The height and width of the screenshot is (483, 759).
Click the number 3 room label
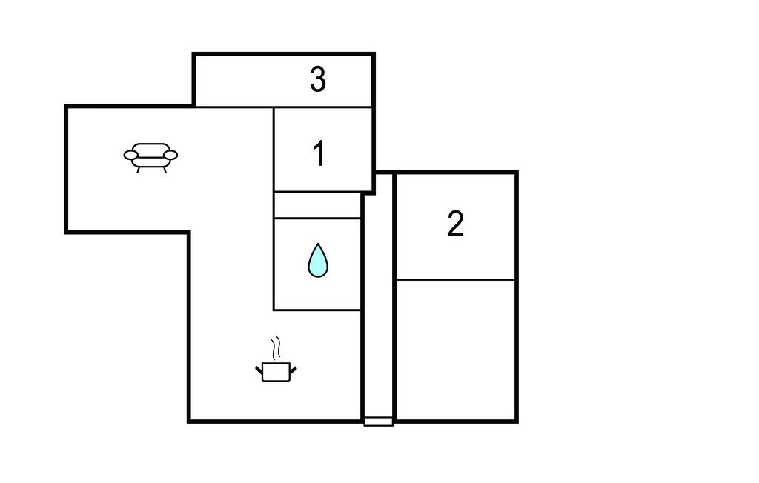click(x=318, y=79)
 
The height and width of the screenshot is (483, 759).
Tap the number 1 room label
click(x=319, y=153)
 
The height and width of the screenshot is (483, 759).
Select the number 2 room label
click(x=455, y=223)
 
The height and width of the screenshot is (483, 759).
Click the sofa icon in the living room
click(x=150, y=157)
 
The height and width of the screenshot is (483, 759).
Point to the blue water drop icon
click(x=318, y=260)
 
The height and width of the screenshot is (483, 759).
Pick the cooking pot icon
click(x=276, y=371)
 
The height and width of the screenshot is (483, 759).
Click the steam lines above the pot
click(x=276, y=348)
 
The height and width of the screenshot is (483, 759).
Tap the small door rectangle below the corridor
click(x=379, y=422)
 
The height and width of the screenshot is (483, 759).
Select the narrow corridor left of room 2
click(x=379, y=296)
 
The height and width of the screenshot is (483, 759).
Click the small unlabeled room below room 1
click(x=317, y=205)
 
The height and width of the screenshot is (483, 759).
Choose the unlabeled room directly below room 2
click(x=456, y=350)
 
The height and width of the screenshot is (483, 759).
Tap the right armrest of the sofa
click(x=170, y=155)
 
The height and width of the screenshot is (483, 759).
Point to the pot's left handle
click(x=259, y=370)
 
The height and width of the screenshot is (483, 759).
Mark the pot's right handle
click(x=293, y=370)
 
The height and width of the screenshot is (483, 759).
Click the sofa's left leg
click(x=139, y=170)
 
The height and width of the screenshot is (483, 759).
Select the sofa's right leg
click(x=165, y=170)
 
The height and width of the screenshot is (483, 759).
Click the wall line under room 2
click(x=456, y=279)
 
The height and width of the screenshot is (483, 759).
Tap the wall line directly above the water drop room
click(x=317, y=219)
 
